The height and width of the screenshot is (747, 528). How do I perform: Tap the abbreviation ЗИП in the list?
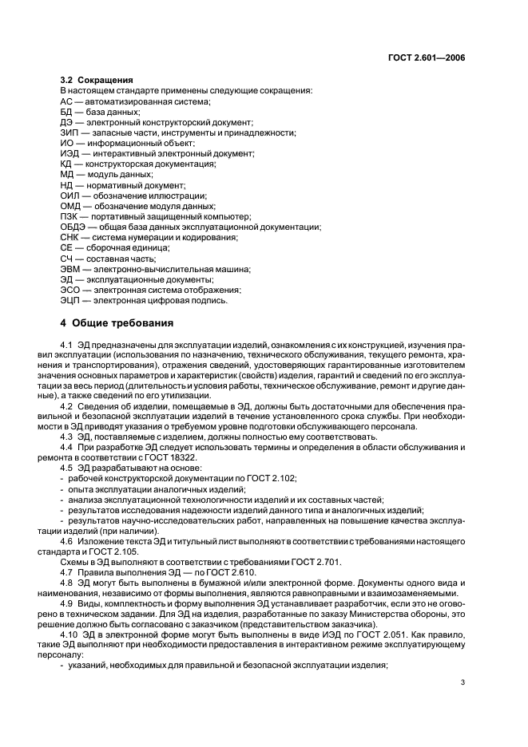[x=69, y=132]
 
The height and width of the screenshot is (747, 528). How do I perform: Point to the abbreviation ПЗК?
[x=69, y=216]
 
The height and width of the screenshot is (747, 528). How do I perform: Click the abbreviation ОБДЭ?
[x=73, y=227]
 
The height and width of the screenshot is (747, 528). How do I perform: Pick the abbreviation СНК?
[x=69, y=237]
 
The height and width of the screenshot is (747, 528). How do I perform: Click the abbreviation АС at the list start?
[x=66, y=101]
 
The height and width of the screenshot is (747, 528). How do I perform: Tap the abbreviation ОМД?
[x=70, y=206]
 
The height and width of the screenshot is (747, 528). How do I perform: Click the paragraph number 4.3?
[x=68, y=437]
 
